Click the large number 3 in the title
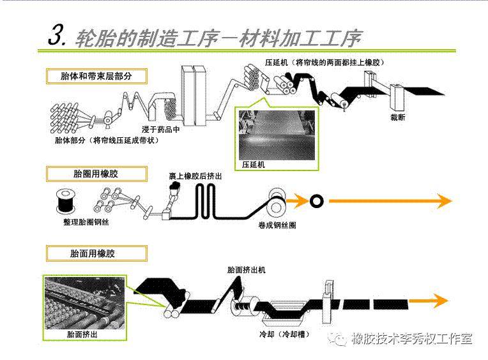(56, 36)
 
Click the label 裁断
(398, 117)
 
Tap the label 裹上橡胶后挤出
(195, 175)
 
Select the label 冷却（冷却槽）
(277, 333)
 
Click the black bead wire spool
(64, 200)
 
